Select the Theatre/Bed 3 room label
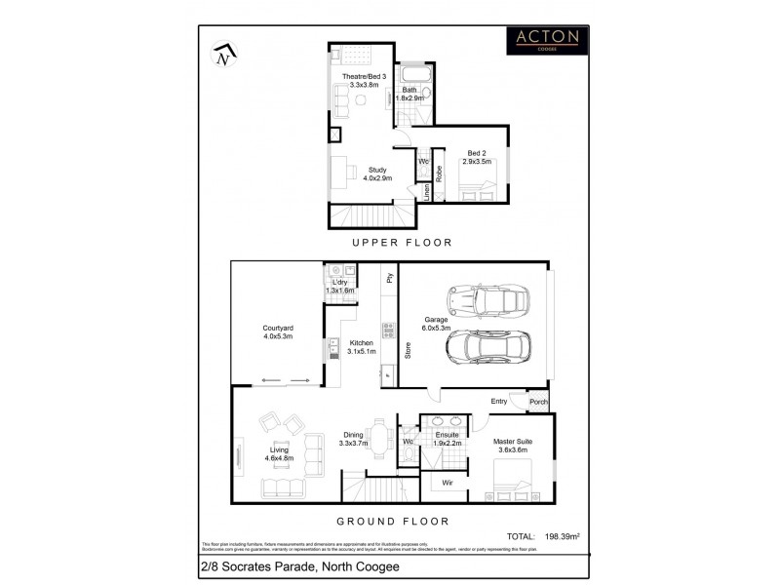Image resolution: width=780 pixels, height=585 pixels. (364, 81)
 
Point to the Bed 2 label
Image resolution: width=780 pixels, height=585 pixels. (477, 157)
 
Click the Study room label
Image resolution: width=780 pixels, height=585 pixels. (377, 174)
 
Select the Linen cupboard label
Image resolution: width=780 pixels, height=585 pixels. (426, 191)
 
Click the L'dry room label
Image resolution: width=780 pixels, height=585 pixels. (339, 286)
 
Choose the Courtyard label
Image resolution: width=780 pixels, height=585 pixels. (278, 331)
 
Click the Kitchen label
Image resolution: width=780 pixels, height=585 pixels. (361, 347)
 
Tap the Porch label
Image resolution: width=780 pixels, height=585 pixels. (537, 402)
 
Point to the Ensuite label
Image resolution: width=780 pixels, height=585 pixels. (447, 439)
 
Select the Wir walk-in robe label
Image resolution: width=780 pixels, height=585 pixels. (446, 482)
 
